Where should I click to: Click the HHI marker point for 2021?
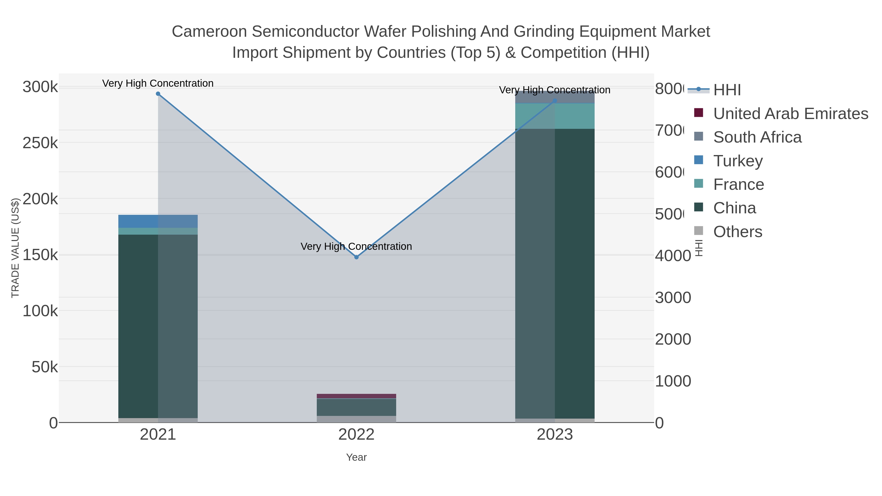158,94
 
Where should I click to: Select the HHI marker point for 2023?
555,101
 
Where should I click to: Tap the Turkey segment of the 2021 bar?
158,221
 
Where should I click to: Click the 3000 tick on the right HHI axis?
673,297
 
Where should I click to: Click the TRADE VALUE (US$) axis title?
15,248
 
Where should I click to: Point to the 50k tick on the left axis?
45,367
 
